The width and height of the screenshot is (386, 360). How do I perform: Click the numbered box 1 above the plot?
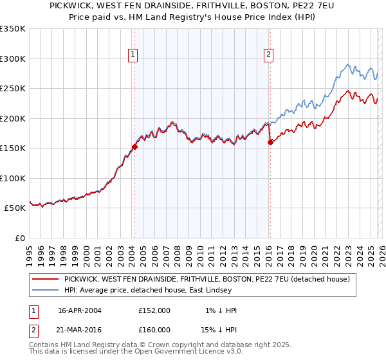point(133,55)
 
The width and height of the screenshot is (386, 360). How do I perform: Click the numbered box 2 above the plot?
point(268,55)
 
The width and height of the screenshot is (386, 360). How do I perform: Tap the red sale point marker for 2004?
point(134,147)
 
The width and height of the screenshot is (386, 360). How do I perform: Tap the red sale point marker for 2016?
point(270,142)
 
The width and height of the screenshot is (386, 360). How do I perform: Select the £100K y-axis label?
point(12,178)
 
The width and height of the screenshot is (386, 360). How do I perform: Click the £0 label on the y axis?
point(19,238)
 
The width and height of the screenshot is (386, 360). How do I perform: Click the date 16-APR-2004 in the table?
point(79,310)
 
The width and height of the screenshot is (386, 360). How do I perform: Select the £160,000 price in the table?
point(154,329)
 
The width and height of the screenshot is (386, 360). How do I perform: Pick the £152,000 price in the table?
point(154,310)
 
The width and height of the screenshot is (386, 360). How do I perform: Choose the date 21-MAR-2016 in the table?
point(79,329)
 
